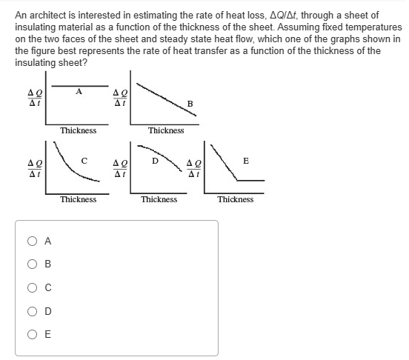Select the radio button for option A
pos(31,240)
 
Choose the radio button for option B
pos(31,263)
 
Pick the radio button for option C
pos(31,287)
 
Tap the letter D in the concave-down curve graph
pos(155,158)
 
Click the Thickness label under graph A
pos(79,130)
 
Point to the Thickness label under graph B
pos(166,130)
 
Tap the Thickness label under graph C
pos(79,199)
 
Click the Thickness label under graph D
pos(159,199)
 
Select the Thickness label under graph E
pos(236,199)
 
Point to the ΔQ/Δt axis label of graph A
pos(33,97)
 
